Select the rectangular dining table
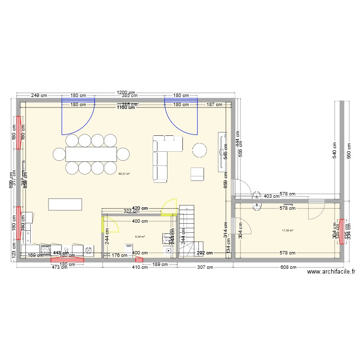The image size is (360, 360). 91,154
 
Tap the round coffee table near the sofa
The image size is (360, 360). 200,150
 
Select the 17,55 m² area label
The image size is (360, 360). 288,230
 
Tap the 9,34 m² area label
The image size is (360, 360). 140,236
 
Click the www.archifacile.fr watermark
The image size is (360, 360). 331,272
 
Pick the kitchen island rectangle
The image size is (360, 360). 64,204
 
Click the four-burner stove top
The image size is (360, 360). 46,250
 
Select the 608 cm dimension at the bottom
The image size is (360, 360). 287,268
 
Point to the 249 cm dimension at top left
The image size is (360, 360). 40,96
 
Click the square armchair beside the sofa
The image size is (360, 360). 197,174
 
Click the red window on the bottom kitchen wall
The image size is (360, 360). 67,261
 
